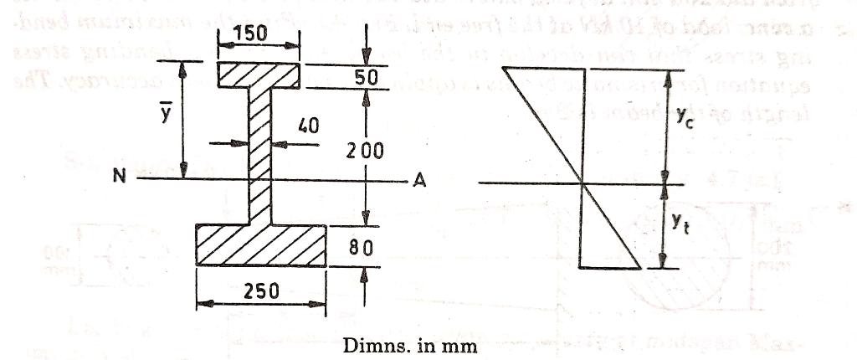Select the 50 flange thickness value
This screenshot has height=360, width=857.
point(367,77)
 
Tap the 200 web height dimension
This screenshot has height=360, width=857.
point(367,151)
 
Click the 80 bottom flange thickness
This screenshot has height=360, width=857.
point(367,248)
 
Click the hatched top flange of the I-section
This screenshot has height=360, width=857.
point(259,75)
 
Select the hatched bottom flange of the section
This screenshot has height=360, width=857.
point(261,244)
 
